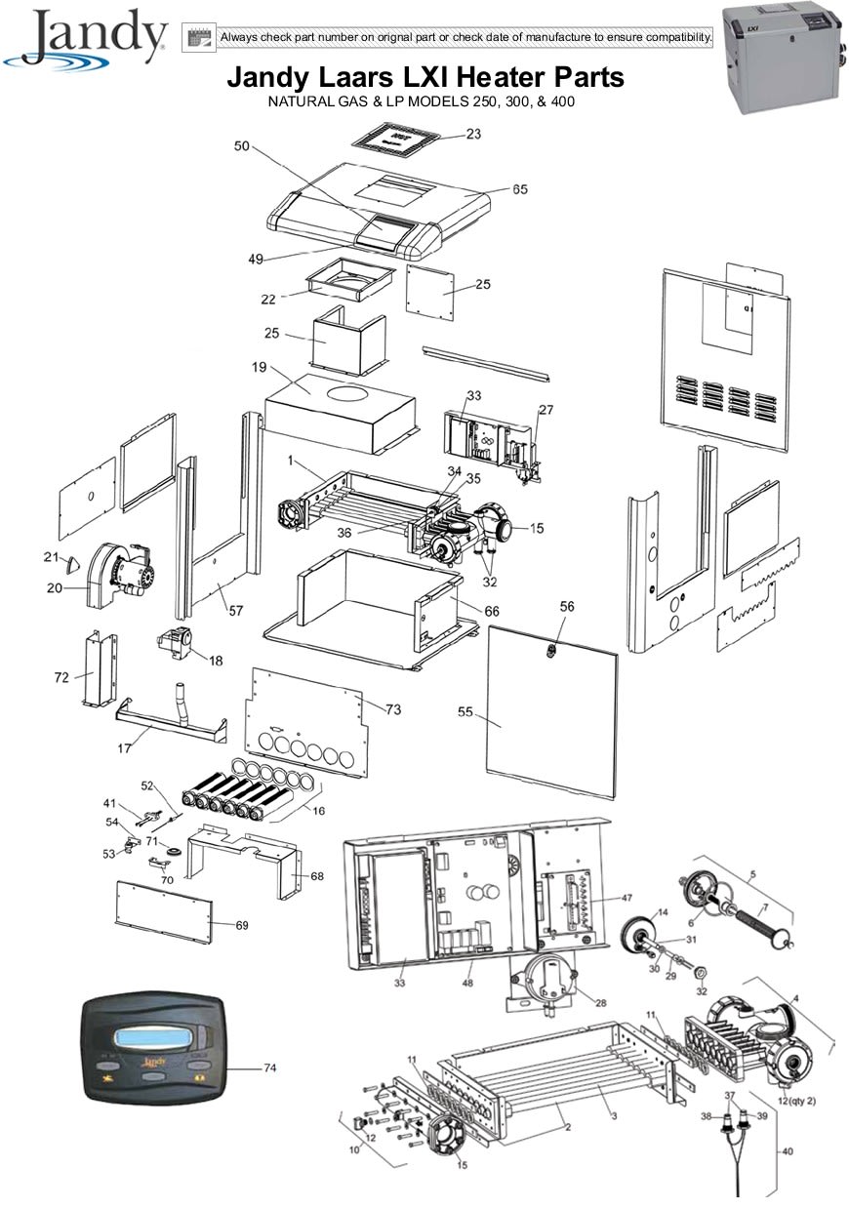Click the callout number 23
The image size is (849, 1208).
tap(473, 134)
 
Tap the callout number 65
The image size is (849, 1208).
tap(519, 189)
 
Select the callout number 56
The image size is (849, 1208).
tap(567, 606)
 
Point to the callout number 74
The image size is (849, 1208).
tap(270, 1067)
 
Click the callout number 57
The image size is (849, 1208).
tap(236, 611)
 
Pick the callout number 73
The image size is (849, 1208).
tap(393, 709)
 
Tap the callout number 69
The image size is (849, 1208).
tap(242, 925)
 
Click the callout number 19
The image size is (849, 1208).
tap(259, 367)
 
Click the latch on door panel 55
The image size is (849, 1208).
tap(550, 652)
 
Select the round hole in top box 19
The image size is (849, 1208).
tap(348, 392)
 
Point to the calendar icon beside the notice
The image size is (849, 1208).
tap(198, 38)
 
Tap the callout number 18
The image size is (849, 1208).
tap(216, 661)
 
